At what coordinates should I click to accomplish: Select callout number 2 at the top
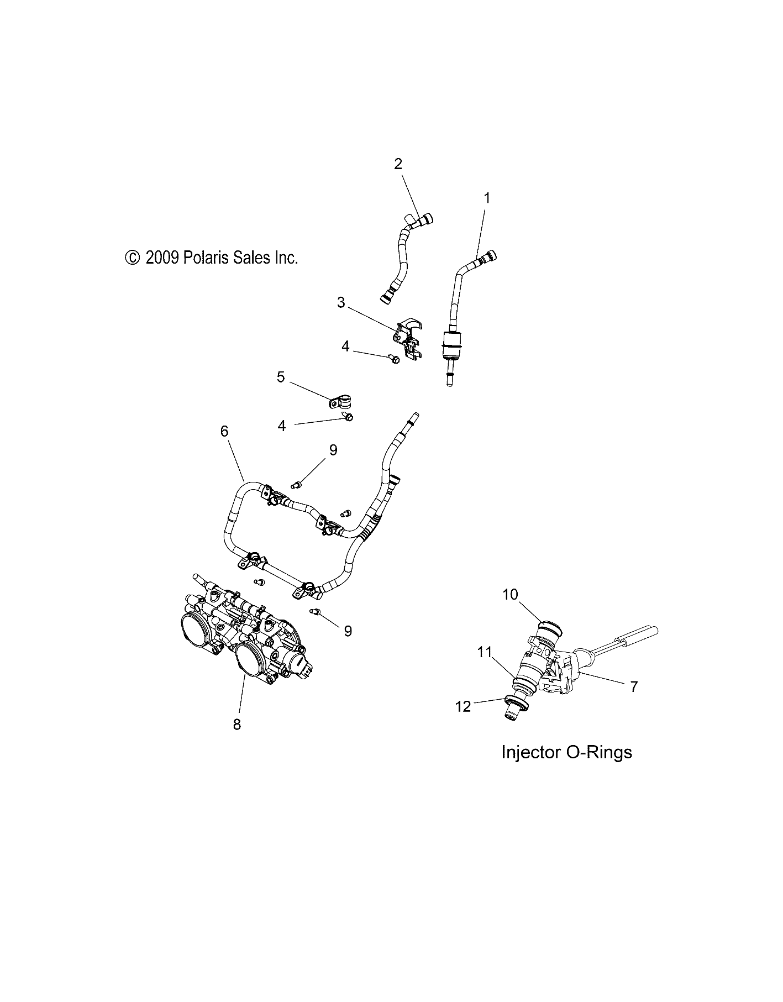397,164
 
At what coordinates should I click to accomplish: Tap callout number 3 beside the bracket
341,302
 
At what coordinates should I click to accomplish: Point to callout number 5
281,377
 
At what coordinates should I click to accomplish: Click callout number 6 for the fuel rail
224,431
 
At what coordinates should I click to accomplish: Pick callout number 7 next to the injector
634,686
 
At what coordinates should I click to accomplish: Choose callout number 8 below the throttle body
237,725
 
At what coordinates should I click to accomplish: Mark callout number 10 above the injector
510,595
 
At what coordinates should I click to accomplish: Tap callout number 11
485,653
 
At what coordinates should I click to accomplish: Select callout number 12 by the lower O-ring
463,706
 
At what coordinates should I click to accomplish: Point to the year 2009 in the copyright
161,258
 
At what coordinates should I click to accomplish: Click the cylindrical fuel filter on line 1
451,345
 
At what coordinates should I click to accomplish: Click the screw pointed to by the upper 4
395,360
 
